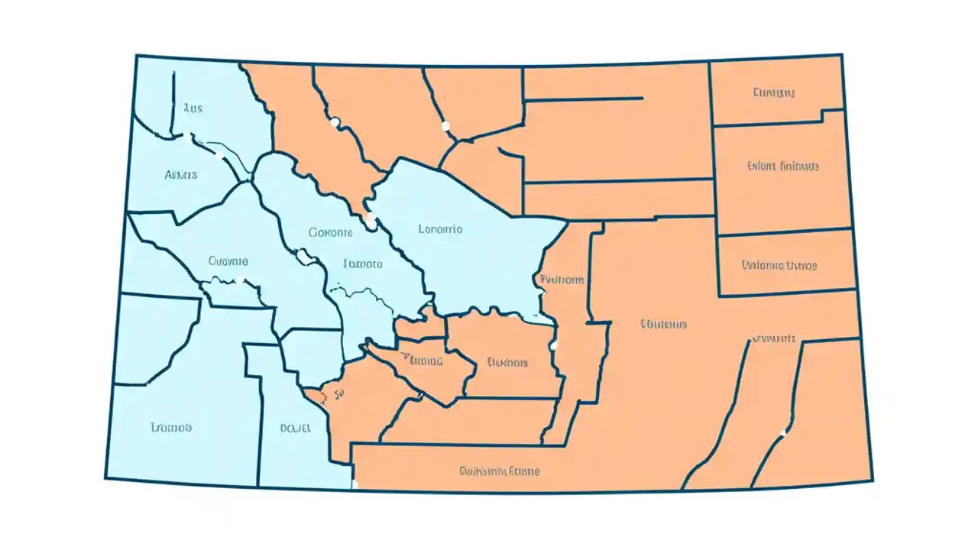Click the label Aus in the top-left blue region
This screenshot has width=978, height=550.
point(193,108)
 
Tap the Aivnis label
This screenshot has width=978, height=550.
point(181,175)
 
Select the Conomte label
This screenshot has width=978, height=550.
point(331,231)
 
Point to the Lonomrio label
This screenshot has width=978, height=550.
point(440,228)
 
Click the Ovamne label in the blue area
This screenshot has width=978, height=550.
point(228,260)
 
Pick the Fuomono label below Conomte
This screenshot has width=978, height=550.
point(362,264)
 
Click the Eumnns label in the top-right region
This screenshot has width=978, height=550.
point(774,93)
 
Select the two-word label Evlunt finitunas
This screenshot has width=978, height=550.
point(783,166)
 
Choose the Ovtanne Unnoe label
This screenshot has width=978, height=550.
point(779,266)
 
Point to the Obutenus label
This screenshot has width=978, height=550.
point(663,324)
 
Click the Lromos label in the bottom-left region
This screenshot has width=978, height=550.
point(171,427)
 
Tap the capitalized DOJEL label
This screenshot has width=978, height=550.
point(296,429)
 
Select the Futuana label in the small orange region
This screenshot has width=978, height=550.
point(421,361)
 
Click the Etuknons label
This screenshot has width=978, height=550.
point(507,362)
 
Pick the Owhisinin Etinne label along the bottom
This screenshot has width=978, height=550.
point(500,471)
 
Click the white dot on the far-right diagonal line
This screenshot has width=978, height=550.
point(782,433)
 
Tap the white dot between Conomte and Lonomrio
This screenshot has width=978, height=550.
point(370,217)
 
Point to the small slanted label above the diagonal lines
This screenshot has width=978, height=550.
point(774,338)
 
